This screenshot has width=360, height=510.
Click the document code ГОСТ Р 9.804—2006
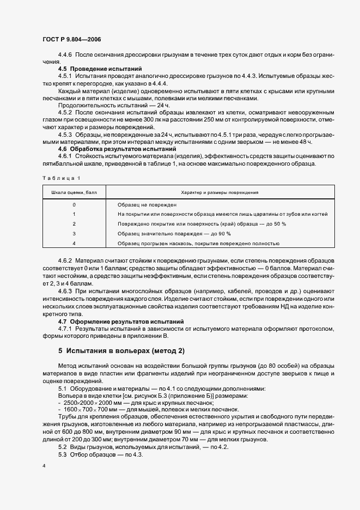pos(71,39)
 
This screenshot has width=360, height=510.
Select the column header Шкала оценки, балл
pos(74,193)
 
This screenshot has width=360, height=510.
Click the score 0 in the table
pos(74,204)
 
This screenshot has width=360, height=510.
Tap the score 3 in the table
pos(74,234)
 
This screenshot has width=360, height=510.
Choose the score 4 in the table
pos(74,244)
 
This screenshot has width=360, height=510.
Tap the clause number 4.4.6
pos(65,56)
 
